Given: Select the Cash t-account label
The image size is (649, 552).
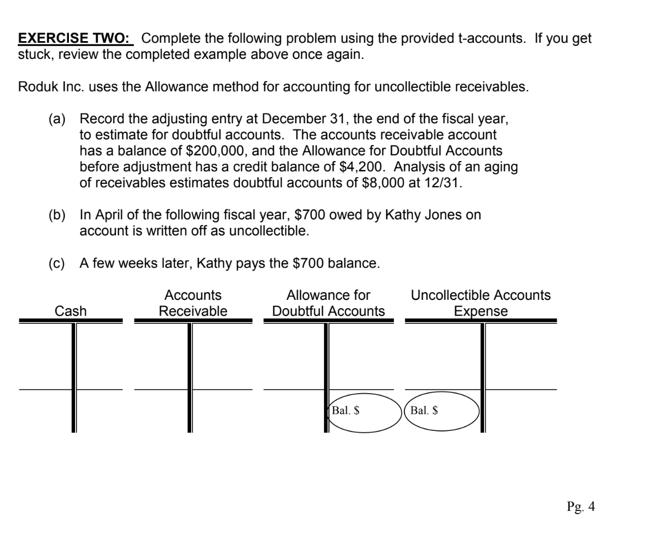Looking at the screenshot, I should click(71, 312).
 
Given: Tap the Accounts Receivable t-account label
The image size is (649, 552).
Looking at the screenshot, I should click(193, 303).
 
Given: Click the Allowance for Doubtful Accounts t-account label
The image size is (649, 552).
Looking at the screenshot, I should click(328, 303).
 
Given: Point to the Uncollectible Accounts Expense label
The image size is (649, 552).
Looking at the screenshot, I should click(481, 303).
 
